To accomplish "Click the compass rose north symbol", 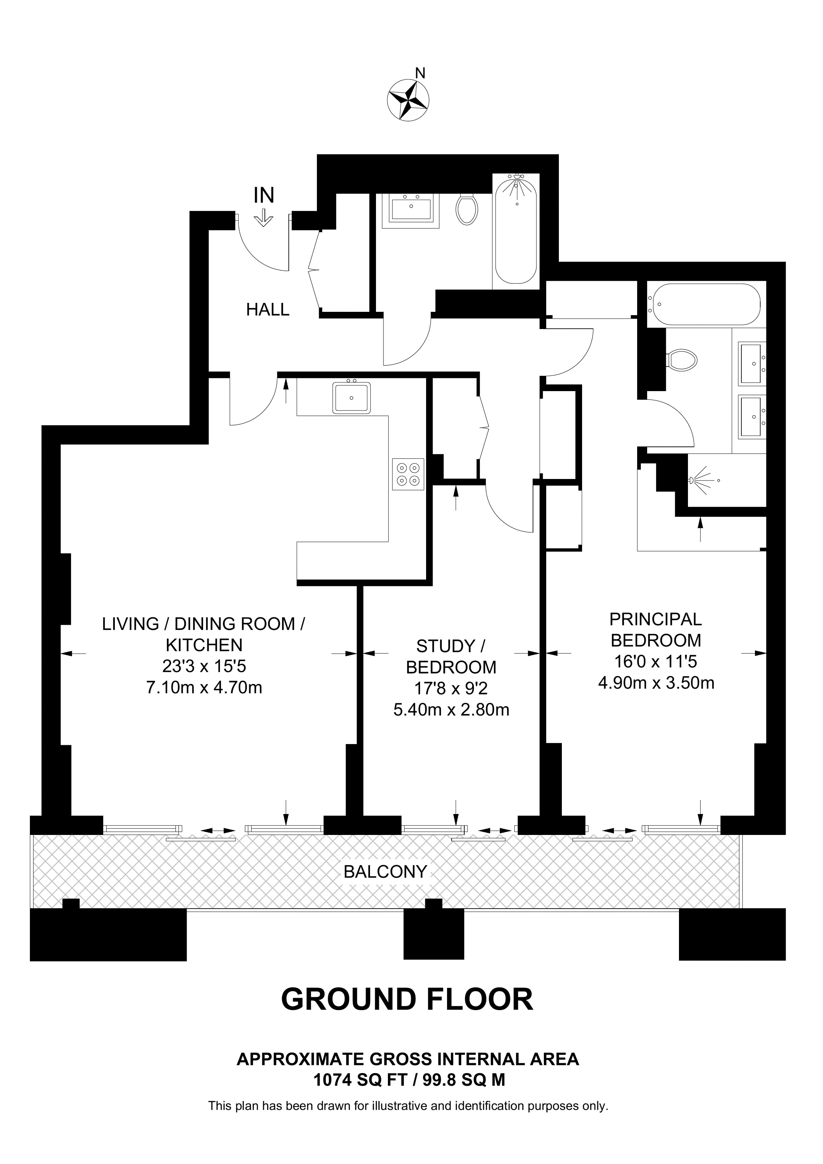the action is (x=408, y=100).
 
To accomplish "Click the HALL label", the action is (x=268, y=309).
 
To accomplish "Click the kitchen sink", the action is (x=351, y=397).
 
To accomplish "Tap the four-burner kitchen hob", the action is (x=408, y=474).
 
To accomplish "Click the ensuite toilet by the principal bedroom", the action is (x=681, y=360).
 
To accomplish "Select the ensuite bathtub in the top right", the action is (x=706, y=304).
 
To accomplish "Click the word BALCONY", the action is (x=385, y=872).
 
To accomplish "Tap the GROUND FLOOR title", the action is (x=407, y=999).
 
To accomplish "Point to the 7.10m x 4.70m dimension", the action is (x=204, y=688).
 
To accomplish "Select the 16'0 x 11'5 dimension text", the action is (x=656, y=661).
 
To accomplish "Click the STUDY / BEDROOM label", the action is (x=451, y=657).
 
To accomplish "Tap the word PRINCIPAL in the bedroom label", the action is (x=656, y=619).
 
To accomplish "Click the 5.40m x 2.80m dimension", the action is (x=451, y=709).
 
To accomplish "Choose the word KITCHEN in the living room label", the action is (x=204, y=645).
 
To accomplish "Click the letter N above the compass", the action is (x=420, y=74).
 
